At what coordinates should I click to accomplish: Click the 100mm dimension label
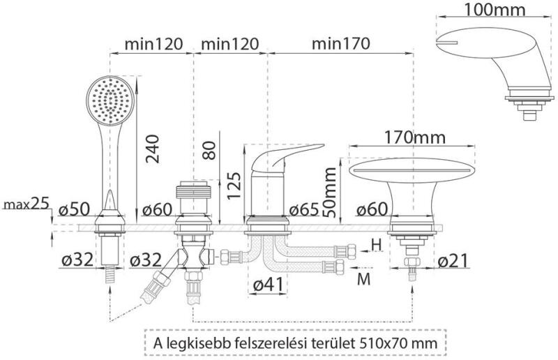tap(495, 10)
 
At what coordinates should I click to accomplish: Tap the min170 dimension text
tap(340, 43)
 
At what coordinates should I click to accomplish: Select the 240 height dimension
tap(152, 149)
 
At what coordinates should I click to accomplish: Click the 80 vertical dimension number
tap(209, 150)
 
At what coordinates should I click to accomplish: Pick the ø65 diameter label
tap(304, 210)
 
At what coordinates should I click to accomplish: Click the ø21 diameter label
tap(453, 261)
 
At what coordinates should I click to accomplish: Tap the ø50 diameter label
tap(75, 209)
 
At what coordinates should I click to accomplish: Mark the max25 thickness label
tap(26, 204)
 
